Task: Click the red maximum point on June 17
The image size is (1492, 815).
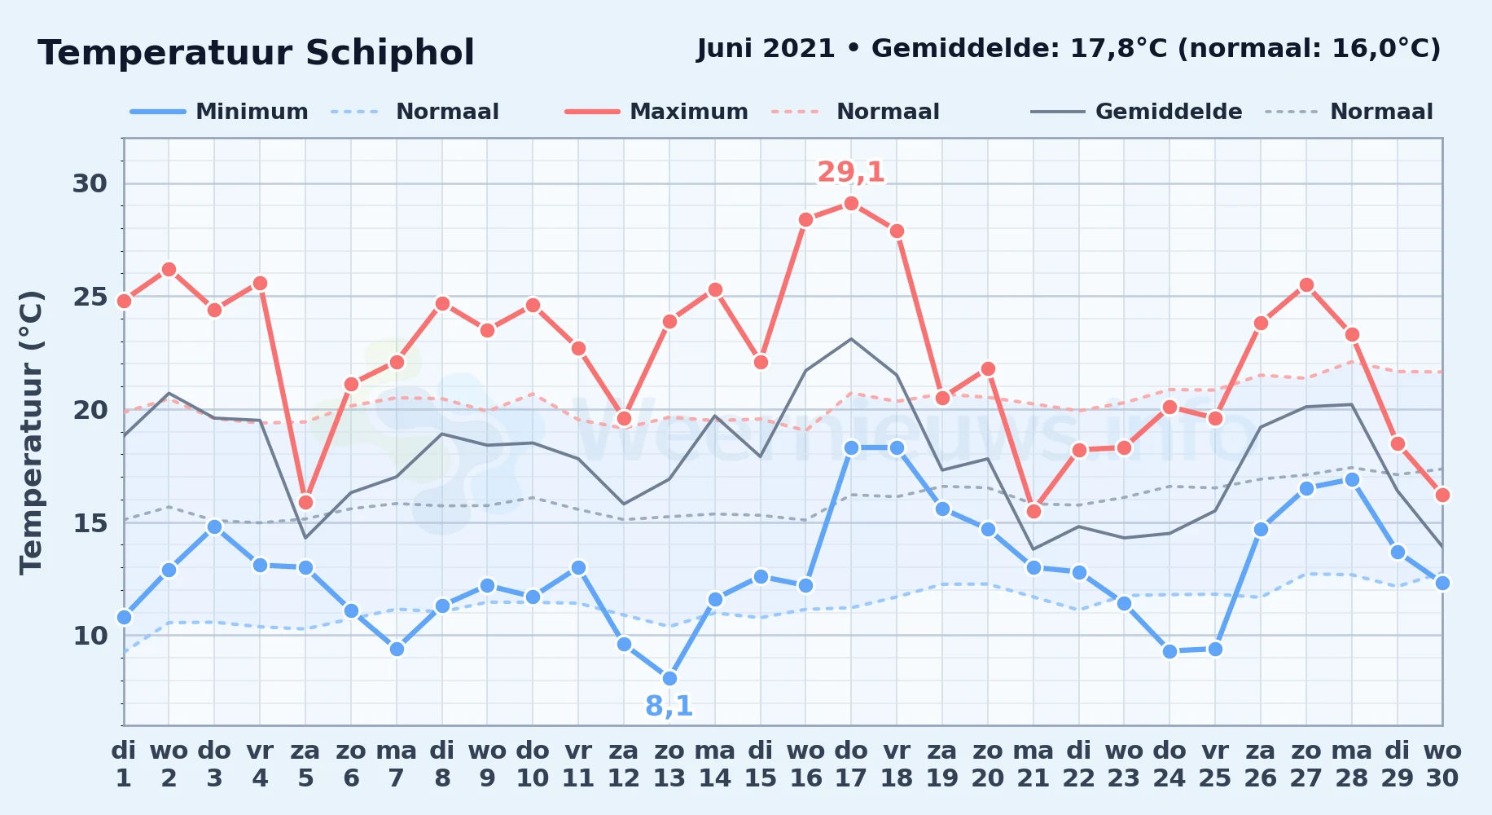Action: pyautogui.click(x=851, y=203)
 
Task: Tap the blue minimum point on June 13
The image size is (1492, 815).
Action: pyautogui.click(x=669, y=678)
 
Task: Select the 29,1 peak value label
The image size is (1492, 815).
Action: pyautogui.click(x=851, y=172)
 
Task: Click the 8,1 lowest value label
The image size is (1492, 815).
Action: pyautogui.click(x=669, y=706)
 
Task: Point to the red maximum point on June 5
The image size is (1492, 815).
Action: pyautogui.click(x=305, y=502)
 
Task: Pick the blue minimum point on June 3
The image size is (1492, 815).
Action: pyautogui.click(x=214, y=526)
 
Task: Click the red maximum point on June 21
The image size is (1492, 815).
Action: pyautogui.click(x=1033, y=511)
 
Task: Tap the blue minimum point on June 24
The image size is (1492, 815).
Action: pyautogui.click(x=1169, y=651)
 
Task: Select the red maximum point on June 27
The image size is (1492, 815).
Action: pyautogui.click(x=1306, y=284)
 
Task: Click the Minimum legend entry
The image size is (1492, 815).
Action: pyautogui.click(x=220, y=112)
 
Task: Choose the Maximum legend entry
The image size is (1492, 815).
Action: pyautogui.click(x=657, y=112)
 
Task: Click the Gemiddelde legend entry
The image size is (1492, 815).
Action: pyautogui.click(x=1137, y=112)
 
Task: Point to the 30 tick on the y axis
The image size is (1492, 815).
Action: pyautogui.click(x=90, y=183)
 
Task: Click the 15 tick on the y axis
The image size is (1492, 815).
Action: pyautogui.click(x=90, y=522)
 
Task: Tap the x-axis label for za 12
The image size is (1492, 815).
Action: pyautogui.click(x=624, y=764)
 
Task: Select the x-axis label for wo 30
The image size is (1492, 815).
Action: pyautogui.click(x=1442, y=764)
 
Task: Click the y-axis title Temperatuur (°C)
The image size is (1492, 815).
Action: pyautogui.click(x=31, y=432)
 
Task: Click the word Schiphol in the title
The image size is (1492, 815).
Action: pyautogui.click(x=390, y=53)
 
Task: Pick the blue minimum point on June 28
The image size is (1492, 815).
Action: pyautogui.click(x=1352, y=479)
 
